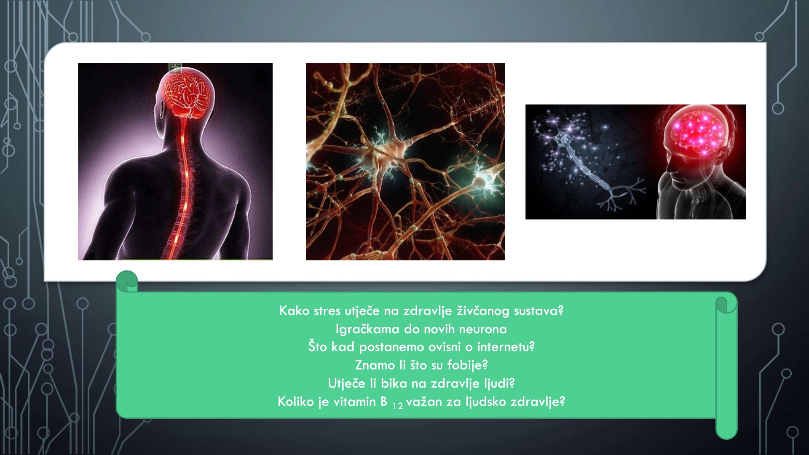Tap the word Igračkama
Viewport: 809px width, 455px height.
pyautogui.click(x=367, y=329)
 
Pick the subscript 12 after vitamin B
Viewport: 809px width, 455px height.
pyautogui.click(x=398, y=406)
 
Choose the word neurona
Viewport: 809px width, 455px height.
pyautogui.click(x=482, y=329)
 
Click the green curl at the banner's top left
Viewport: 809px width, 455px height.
pyautogui.click(x=127, y=281)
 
